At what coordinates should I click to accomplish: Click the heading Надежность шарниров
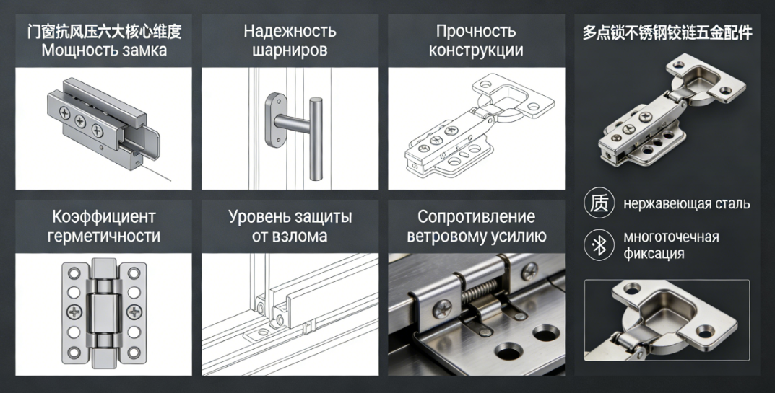[290, 40]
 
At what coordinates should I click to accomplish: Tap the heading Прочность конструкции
[476, 40]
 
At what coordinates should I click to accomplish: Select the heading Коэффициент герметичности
[104, 226]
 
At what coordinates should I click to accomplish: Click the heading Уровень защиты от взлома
[290, 226]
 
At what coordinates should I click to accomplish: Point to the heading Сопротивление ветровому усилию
[477, 226]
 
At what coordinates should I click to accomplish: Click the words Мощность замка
[104, 50]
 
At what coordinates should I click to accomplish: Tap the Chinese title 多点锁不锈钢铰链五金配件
[667, 33]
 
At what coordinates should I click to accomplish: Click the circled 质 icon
[599, 203]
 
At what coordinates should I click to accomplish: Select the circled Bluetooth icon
[599, 245]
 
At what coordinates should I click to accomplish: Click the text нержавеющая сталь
[687, 203]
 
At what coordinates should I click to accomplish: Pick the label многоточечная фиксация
[671, 245]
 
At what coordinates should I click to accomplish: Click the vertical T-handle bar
[316, 138]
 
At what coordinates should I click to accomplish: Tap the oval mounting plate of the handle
[274, 120]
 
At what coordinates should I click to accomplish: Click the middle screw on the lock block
[80, 121]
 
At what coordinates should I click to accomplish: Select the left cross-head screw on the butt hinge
[74, 312]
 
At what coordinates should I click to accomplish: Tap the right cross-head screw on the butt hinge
[134, 312]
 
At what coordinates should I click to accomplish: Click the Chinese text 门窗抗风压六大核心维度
[104, 32]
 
